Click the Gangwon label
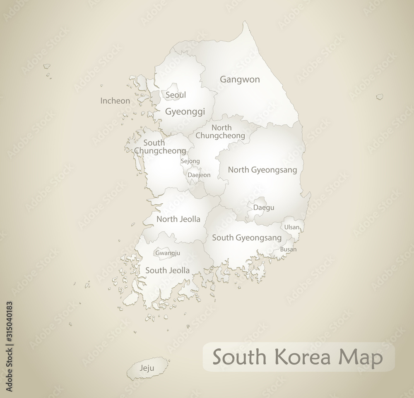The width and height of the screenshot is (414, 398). pyautogui.click(x=240, y=79)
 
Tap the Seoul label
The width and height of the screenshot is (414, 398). pyautogui.click(x=176, y=95)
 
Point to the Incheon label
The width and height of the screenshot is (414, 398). pyautogui.click(x=115, y=100)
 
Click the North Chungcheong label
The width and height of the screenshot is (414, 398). pyautogui.click(x=220, y=131)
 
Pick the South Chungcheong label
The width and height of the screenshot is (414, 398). pyautogui.click(x=159, y=147)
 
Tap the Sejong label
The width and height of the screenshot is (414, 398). pyautogui.click(x=190, y=161)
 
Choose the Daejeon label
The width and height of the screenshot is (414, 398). pyautogui.click(x=199, y=175)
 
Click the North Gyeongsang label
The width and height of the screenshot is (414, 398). pyautogui.click(x=262, y=169)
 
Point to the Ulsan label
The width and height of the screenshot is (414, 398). pyautogui.click(x=291, y=227)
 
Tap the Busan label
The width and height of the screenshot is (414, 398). pyautogui.click(x=288, y=249)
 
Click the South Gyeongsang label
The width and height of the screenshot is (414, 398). pyautogui.click(x=247, y=238)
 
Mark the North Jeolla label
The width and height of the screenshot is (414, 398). pyautogui.click(x=178, y=219)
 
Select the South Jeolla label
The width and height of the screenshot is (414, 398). pyautogui.click(x=167, y=270)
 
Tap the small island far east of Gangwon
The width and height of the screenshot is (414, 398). pyautogui.click(x=379, y=97)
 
